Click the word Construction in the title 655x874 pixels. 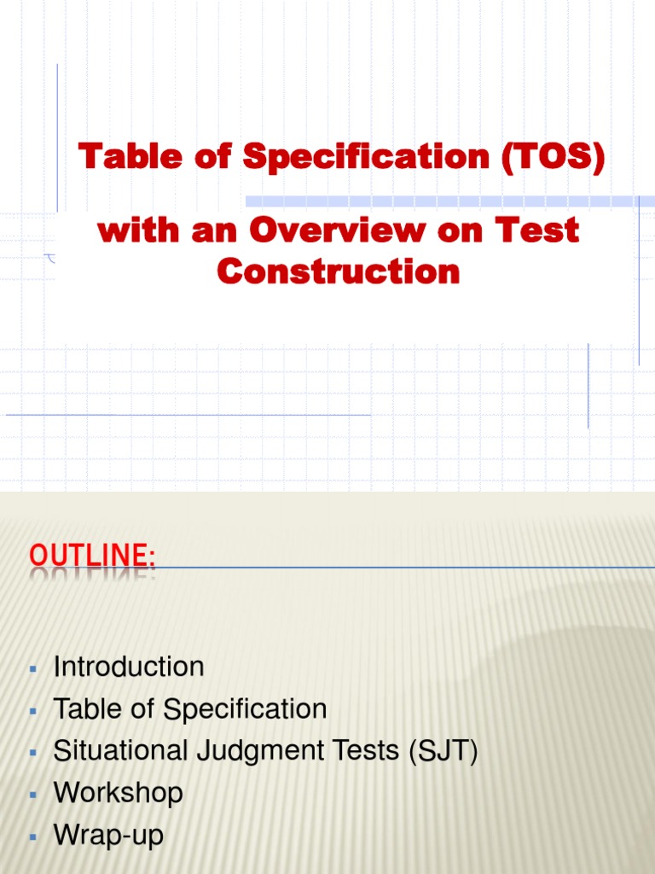[339, 271]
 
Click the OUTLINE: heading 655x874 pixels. [92, 556]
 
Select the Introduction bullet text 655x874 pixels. [129, 667]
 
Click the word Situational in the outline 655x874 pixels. [107, 751]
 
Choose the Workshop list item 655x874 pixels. [118, 793]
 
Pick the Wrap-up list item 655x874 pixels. [108, 835]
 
